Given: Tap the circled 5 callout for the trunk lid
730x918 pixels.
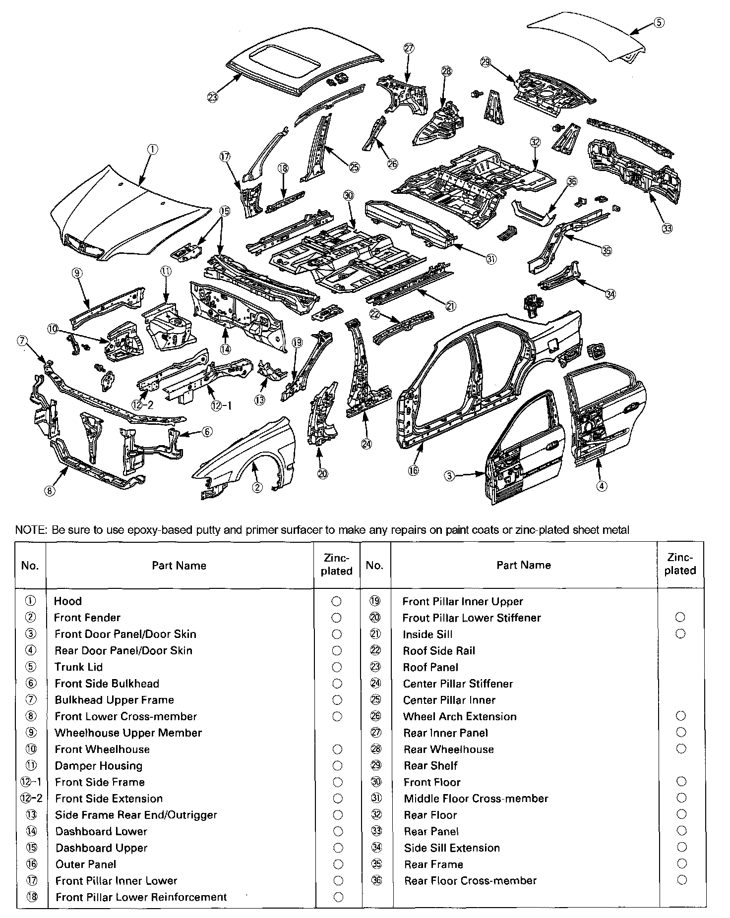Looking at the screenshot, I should (x=658, y=22).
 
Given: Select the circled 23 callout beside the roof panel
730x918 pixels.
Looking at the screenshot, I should (x=213, y=97).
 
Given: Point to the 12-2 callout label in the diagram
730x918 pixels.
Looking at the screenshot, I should (x=142, y=404).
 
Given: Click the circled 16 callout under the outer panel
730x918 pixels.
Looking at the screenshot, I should (x=413, y=470).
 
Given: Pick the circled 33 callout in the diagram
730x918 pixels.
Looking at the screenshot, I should (x=667, y=228).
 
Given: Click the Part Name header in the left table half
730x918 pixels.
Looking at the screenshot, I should (x=179, y=566).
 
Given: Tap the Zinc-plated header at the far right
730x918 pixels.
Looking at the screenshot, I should (x=680, y=565).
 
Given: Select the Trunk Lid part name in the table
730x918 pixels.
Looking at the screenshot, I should (x=78, y=667).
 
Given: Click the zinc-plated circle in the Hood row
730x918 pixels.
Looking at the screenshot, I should (x=336, y=601).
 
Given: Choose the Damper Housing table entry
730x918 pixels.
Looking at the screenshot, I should (x=99, y=766).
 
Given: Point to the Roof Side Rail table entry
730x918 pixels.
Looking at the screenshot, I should (x=439, y=651).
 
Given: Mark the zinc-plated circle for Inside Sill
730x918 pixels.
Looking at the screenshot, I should (x=680, y=634).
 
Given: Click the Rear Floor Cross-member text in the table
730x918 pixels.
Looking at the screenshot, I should (x=470, y=881).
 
